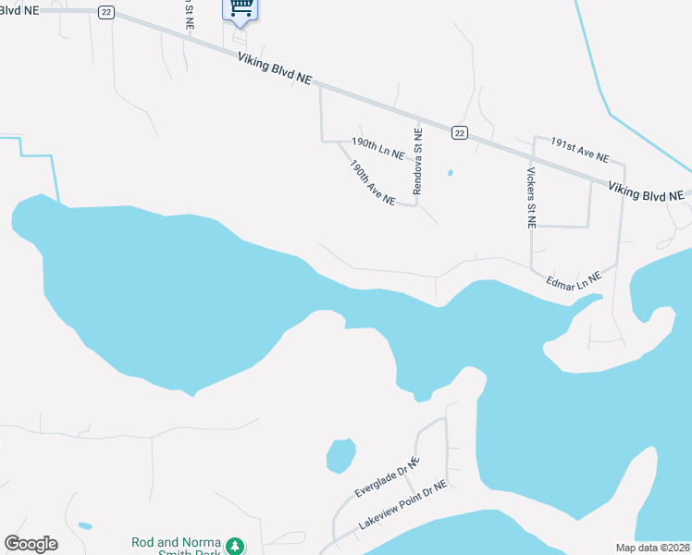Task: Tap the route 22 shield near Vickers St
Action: coord(459,133)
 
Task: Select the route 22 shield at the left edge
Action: coord(107,11)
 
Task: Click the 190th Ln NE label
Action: coord(378,149)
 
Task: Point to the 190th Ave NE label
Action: coord(373,182)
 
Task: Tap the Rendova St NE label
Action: coord(418,162)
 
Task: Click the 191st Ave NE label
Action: coord(580,150)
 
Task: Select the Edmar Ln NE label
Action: coord(574,281)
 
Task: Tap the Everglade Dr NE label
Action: coord(388,478)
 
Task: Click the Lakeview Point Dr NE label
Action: coord(402,510)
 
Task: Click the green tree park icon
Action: coord(236,547)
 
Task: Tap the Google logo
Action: coord(31,544)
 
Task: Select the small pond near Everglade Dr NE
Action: coord(340,454)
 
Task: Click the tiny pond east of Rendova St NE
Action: coord(451,172)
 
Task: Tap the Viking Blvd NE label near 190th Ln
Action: coord(274,69)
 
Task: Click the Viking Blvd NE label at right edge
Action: coord(646,191)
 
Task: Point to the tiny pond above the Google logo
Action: coord(85,525)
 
